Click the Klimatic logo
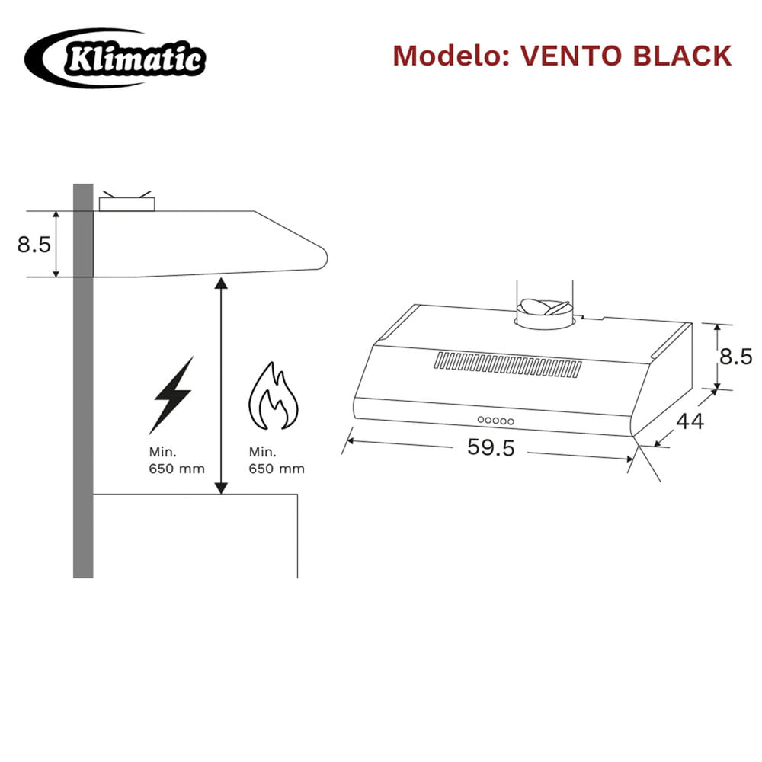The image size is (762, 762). [x=115, y=58]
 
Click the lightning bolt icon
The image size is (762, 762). [x=171, y=395]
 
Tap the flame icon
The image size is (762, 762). [x=274, y=395]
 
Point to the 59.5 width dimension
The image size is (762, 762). [x=491, y=447]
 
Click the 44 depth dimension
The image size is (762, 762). [x=690, y=421]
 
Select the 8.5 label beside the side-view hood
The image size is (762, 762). [x=34, y=245]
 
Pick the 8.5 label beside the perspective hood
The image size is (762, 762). [x=736, y=357]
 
